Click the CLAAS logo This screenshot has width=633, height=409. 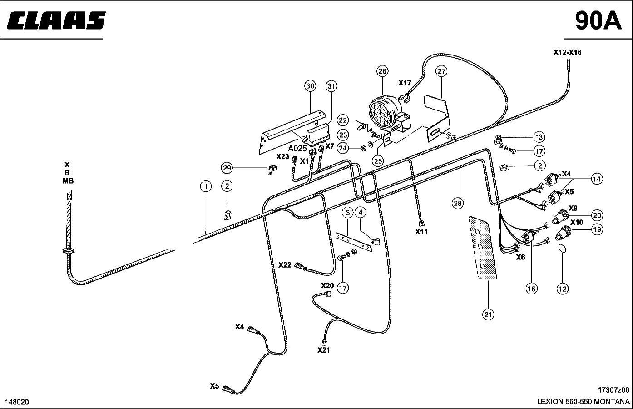(56, 20)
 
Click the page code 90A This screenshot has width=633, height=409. (598, 20)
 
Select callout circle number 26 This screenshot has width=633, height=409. (382, 71)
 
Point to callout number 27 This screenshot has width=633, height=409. (442, 71)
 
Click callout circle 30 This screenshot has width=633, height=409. (310, 86)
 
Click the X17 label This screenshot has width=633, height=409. (405, 83)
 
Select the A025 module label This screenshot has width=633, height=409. (297, 148)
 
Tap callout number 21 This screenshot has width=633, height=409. (489, 314)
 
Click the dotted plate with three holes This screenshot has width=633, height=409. (483, 248)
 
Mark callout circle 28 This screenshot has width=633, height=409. (458, 203)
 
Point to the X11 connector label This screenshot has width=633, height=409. (421, 232)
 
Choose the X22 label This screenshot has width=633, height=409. (285, 265)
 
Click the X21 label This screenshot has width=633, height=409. (324, 350)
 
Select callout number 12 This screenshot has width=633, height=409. (562, 289)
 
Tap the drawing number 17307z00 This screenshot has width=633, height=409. (613, 390)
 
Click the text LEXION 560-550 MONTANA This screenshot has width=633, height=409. (583, 402)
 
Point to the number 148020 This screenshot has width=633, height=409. (17, 402)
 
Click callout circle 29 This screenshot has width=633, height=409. (227, 168)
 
